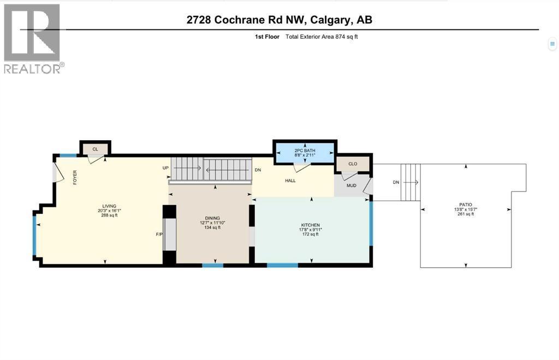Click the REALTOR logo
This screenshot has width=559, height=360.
pyautogui.click(x=33, y=38)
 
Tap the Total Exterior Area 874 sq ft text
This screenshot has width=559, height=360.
pyautogui.click(x=322, y=37)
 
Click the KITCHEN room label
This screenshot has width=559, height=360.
pyautogui.click(x=310, y=225)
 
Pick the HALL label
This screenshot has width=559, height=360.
pyautogui.click(x=290, y=180)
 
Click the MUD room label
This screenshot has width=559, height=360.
pyautogui.click(x=352, y=185)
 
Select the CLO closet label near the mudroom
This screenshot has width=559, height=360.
pyautogui.click(x=353, y=163)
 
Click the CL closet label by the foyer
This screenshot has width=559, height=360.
pyautogui.click(x=95, y=149)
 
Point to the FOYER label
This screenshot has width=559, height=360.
pyautogui.click(x=75, y=177)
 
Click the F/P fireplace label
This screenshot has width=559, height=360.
pyautogui.click(x=159, y=235)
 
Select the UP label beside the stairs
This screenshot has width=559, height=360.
pyautogui.click(x=165, y=168)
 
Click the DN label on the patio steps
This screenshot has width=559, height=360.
pyautogui.click(x=397, y=182)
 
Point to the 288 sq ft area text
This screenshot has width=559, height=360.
pyautogui.click(x=109, y=215)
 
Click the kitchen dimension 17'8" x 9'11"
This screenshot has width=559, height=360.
pyautogui.click(x=310, y=230)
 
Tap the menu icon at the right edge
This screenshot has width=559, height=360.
pyautogui.click(x=552, y=44)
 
